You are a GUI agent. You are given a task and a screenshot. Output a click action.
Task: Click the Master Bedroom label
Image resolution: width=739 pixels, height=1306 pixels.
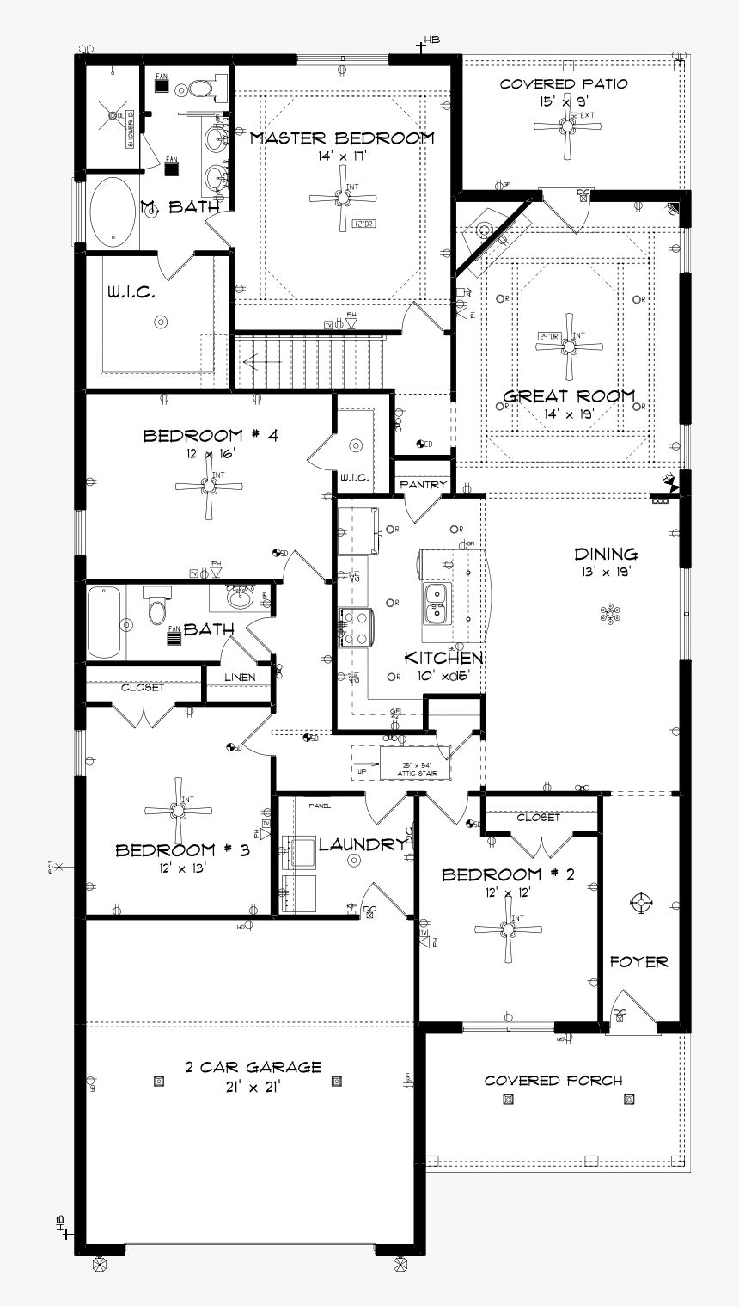(x=342, y=138)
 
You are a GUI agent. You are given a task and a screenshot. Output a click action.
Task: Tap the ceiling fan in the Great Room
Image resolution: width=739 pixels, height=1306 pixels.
(x=568, y=346)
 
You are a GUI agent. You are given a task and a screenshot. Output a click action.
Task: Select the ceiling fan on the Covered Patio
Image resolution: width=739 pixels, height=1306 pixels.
(x=566, y=126)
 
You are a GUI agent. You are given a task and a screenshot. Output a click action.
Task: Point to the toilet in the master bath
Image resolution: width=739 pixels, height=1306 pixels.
(x=201, y=88)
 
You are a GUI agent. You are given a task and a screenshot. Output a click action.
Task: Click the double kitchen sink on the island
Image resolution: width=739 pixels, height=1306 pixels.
(x=437, y=602)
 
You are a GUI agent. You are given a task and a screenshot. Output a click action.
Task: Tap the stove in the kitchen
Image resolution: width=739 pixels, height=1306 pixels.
(x=356, y=627)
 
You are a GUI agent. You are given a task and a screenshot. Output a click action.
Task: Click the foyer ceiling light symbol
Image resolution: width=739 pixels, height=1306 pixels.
(x=638, y=901)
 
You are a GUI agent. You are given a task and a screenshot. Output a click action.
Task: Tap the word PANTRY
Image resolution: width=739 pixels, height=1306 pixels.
(x=423, y=485)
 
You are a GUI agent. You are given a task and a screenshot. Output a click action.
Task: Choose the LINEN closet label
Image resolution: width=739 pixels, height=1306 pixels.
(x=240, y=678)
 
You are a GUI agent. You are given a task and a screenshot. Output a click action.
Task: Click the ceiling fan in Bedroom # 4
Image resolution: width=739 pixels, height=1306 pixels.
(x=208, y=487)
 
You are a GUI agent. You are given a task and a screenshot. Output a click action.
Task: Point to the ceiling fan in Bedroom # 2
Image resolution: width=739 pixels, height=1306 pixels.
(x=509, y=929)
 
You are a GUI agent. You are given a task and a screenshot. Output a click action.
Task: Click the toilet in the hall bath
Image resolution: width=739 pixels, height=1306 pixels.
(x=156, y=608)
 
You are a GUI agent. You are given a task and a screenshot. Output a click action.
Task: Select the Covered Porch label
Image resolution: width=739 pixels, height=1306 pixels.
(x=553, y=1080)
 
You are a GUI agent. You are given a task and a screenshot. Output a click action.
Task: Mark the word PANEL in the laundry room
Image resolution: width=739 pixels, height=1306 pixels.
(x=320, y=806)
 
